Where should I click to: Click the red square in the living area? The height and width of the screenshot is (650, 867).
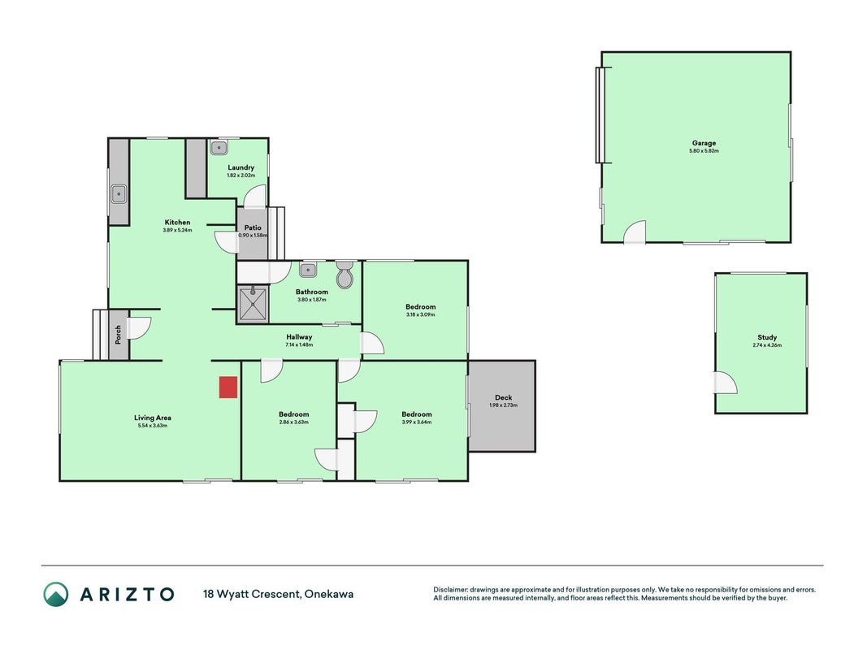(228, 387)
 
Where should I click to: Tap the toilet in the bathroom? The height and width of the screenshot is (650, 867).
(344, 274)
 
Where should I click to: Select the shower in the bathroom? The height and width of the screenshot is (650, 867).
(254, 303)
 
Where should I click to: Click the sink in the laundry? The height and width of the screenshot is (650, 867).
(219, 148)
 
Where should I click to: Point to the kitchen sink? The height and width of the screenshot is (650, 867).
(119, 194)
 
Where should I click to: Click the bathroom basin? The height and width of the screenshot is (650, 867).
(308, 270)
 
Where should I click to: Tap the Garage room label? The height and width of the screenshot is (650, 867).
(704, 143)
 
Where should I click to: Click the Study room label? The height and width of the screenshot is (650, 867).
(767, 337)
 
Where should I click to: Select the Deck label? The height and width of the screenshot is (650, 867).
(503, 397)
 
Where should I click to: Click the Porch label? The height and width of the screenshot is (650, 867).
(118, 335)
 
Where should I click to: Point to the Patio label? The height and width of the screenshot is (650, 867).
(253, 227)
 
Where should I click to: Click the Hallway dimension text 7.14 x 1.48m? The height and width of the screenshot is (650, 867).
(299, 344)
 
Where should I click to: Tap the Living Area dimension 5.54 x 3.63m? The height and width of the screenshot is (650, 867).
(152, 426)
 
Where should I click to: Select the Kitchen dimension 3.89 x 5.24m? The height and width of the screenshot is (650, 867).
(177, 230)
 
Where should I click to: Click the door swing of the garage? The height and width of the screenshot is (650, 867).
(635, 232)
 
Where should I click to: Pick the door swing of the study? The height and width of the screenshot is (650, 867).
(726, 382)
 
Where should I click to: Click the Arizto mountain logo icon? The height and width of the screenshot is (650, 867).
(56, 594)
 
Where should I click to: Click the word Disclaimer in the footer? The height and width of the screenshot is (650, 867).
(450, 590)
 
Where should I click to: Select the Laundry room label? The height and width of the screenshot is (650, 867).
(241, 167)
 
